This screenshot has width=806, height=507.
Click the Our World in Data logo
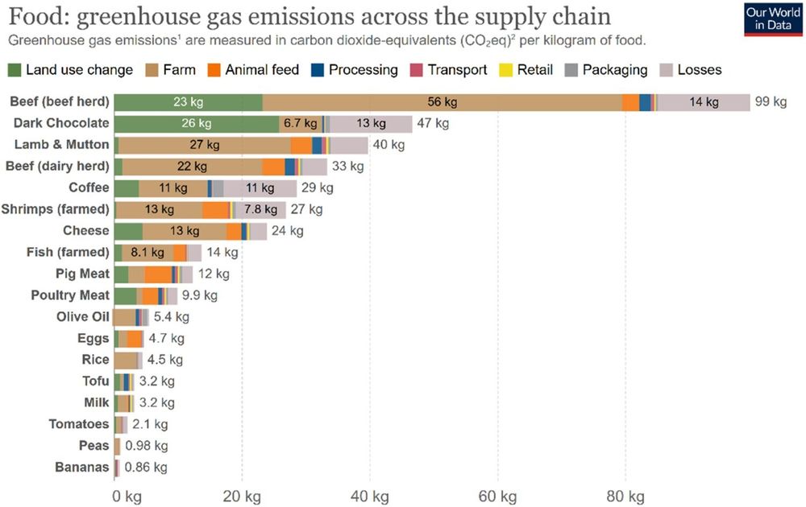pyautogui.click(x=767, y=19)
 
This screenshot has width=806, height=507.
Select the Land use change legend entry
pyautogui.click(x=70, y=70)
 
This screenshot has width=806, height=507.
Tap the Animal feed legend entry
pyautogui.click(x=253, y=70)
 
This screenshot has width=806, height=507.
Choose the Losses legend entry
pyautogui.click(x=691, y=70)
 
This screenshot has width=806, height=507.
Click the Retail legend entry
pyautogui.click(x=524, y=70)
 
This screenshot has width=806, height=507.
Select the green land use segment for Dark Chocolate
pyautogui.click(x=197, y=123)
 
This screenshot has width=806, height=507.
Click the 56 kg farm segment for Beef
pyautogui.click(x=442, y=102)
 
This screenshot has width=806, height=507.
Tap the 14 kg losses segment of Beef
pyautogui.click(x=703, y=102)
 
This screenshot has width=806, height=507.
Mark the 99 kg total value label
pyautogui.click(x=771, y=102)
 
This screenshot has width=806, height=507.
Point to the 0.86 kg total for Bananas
pyautogui.click(x=146, y=467)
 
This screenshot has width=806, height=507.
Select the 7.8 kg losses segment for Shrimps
pyautogui.click(x=260, y=209)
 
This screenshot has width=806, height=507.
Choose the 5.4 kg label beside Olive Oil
pyautogui.click(x=171, y=316)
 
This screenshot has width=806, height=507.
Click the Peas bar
pyautogui.click(x=117, y=445)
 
